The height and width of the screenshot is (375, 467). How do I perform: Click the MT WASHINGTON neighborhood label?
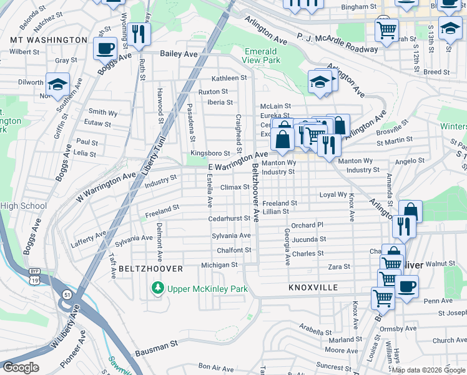49,40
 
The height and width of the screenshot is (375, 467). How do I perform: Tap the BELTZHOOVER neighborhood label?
150,269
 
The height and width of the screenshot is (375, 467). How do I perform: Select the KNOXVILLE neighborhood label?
313,288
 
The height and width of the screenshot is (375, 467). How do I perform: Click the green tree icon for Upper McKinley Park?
158,288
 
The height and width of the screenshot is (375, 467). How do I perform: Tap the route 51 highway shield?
66,294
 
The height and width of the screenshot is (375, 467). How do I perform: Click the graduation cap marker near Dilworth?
57,85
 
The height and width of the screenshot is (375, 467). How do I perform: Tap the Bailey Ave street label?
179,54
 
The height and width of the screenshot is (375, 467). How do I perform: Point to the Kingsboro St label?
210,153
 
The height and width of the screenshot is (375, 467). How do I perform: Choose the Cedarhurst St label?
229,219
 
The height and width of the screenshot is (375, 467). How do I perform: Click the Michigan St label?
219,265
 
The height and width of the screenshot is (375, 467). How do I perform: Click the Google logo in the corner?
21,367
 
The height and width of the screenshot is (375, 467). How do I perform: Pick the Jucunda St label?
308,239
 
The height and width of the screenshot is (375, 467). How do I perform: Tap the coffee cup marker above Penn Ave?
406,286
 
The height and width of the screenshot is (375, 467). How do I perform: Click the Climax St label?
235,187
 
